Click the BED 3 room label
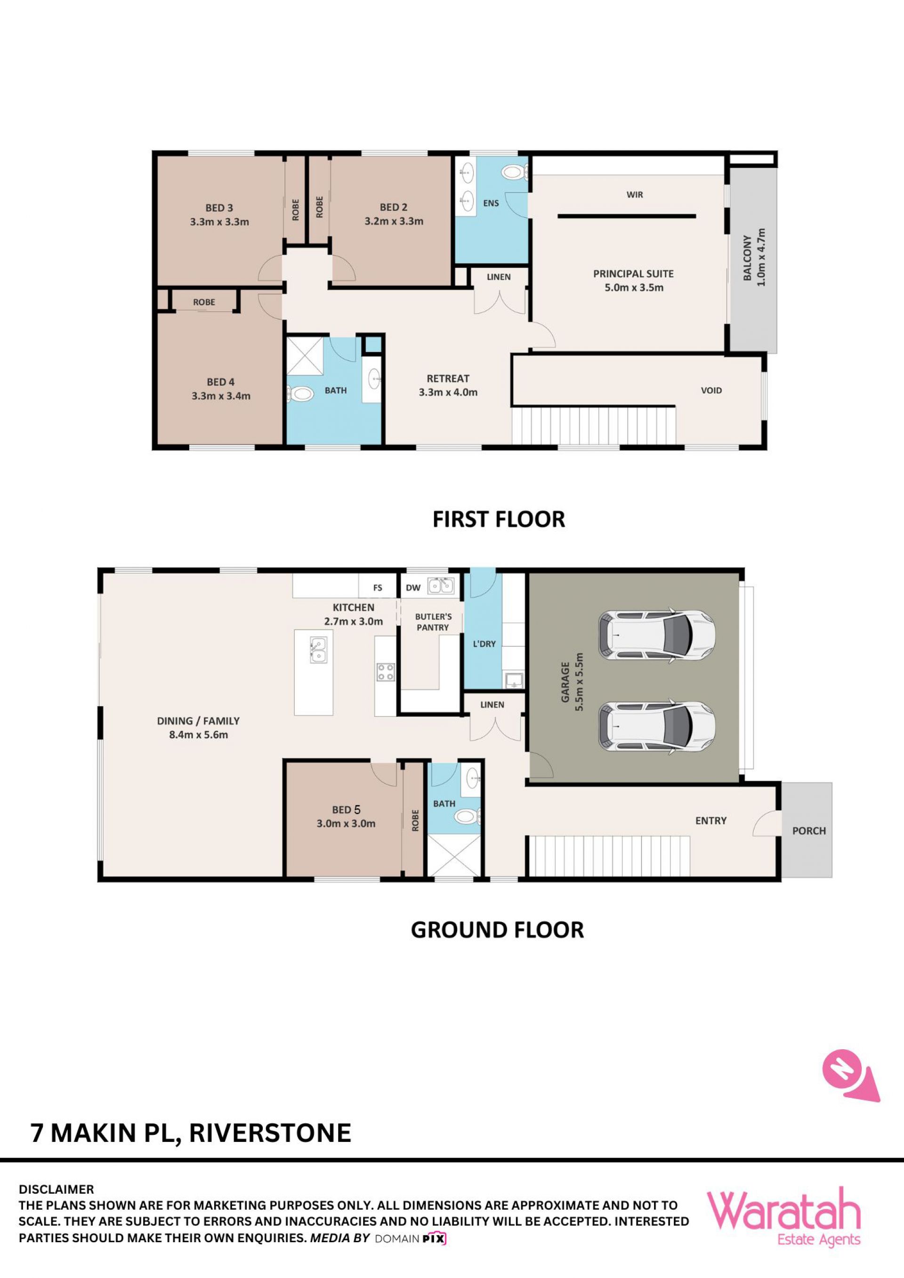pos(219,208)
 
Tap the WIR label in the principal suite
pos(635,195)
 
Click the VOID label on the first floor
pos(711,391)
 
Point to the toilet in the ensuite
pos(513,172)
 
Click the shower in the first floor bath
pos(304,356)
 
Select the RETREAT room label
pos(448,378)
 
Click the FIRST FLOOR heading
pos(499,519)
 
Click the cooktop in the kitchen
pos(386,672)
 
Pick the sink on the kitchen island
pos(318,650)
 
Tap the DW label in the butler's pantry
pos(413,588)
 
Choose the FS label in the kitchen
pos(378,588)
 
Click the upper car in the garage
pos(656,635)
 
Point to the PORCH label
pos(809,831)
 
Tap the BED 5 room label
pos(346,810)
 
